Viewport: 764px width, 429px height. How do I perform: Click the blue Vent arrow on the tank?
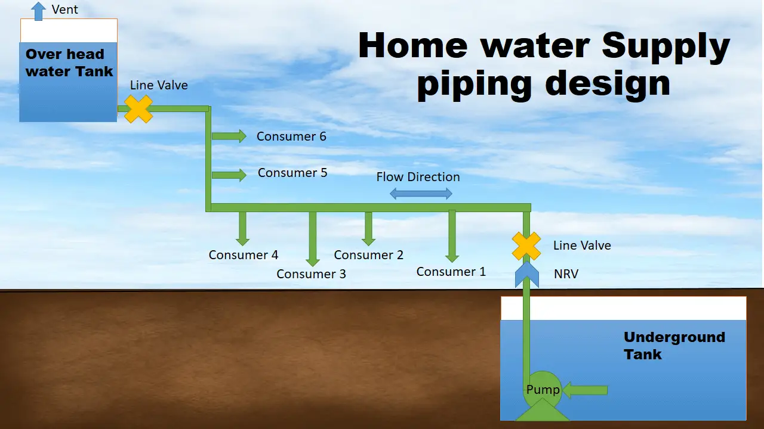[39, 11]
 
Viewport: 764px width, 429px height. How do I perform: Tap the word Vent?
[65, 10]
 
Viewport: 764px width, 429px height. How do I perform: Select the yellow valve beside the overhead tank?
[138, 109]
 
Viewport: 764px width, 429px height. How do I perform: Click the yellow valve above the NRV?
[526, 246]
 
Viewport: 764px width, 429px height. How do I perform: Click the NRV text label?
[566, 274]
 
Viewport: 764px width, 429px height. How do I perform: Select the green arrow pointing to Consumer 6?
[230, 136]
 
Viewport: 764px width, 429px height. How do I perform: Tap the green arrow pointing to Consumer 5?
[230, 175]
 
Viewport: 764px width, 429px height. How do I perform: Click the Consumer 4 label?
[243, 255]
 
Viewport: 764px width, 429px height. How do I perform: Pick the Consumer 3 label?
[311, 274]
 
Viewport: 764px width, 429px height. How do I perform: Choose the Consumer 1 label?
[451, 272]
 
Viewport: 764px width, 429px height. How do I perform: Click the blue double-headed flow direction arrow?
[421, 194]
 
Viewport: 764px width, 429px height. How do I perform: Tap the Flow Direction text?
[418, 177]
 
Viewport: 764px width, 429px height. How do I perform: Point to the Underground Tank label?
[674, 346]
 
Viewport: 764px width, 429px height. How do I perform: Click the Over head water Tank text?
[69, 63]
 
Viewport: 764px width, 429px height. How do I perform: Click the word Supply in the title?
[665, 46]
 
